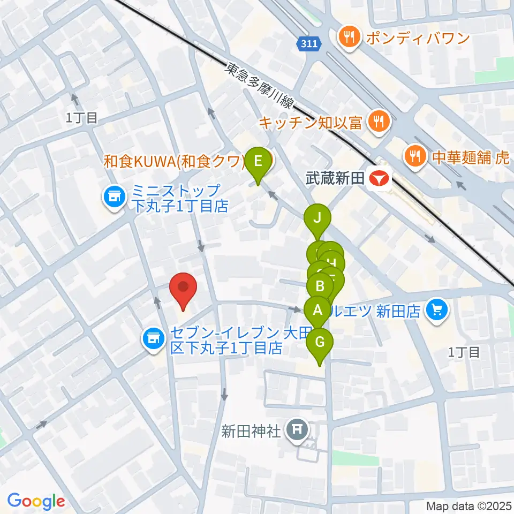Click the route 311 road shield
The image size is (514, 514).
click(x=310, y=45)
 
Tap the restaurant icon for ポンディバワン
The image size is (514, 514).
click(x=349, y=37)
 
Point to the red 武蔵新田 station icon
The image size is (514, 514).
click(x=382, y=178)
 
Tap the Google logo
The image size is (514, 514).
click(x=36, y=501)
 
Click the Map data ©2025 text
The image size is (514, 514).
click(x=468, y=505)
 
